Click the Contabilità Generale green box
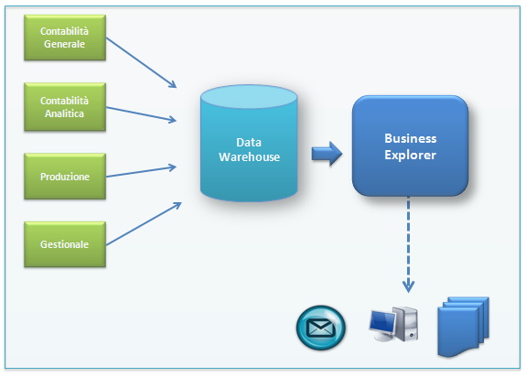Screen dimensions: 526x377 click(x=65, y=38)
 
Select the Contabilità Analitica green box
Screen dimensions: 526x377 click(x=65, y=107)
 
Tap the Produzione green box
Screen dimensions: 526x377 click(x=65, y=177)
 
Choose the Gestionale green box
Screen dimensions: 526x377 click(x=65, y=244)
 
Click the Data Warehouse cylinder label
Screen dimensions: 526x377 click(x=249, y=149)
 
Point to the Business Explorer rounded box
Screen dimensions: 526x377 click(x=410, y=145)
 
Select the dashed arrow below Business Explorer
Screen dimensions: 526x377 click(x=408, y=244)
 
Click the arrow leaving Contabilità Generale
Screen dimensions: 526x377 click(x=141, y=63)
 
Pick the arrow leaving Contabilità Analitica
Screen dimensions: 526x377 click(x=141, y=114)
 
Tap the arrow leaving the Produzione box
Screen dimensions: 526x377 click(x=141, y=171)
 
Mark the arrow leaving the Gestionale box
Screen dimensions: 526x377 click(x=144, y=223)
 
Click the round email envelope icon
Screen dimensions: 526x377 click(x=321, y=328)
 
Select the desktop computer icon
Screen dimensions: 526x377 click(x=393, y=324)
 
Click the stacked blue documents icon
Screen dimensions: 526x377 click(x=463, y=327)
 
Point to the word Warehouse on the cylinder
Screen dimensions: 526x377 click(x=249, y=157)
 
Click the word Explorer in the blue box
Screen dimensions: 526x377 click(x=410, y=155)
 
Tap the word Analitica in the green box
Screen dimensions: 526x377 click(x=64, y=113)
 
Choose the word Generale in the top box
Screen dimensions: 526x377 click(x=64, y=44)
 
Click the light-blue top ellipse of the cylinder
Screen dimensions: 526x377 click(x=249, y=97)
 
